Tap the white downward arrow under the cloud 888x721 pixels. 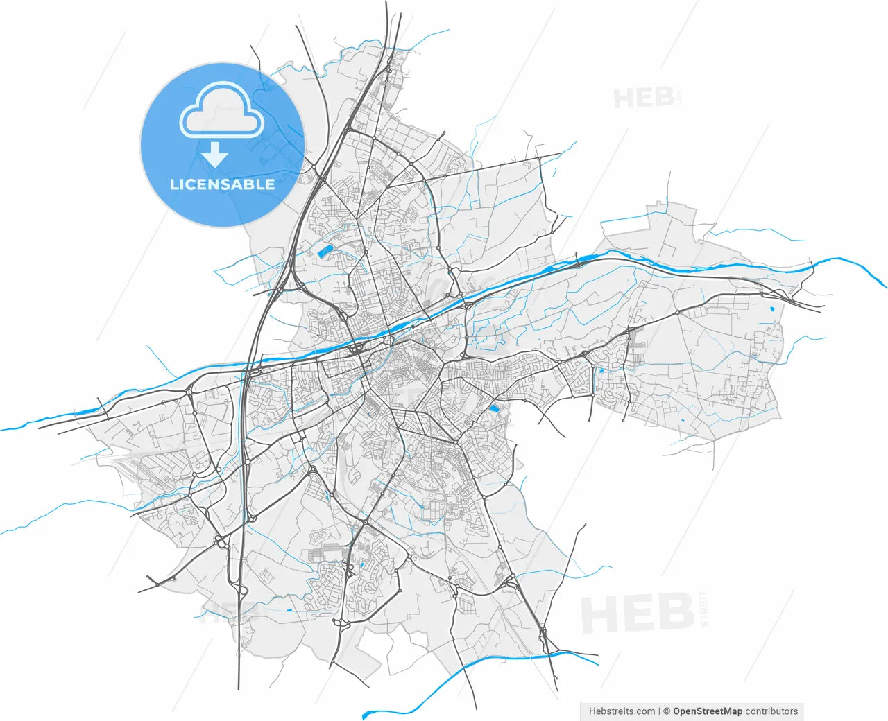(x=215, y=155)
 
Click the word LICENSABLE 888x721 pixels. (x=222, y=184)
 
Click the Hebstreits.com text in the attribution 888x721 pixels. (x=622, y=711)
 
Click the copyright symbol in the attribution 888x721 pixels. (x=667, y=711)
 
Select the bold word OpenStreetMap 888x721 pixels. (x=707, y=711)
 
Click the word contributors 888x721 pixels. (x=771, y=711)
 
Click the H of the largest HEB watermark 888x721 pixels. (x=601, y=614)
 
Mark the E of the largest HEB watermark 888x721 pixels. (x=639, y=614)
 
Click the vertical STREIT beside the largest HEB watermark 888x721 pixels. (x=705, y=609)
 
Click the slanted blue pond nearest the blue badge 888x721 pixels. (x=323, y=252)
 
